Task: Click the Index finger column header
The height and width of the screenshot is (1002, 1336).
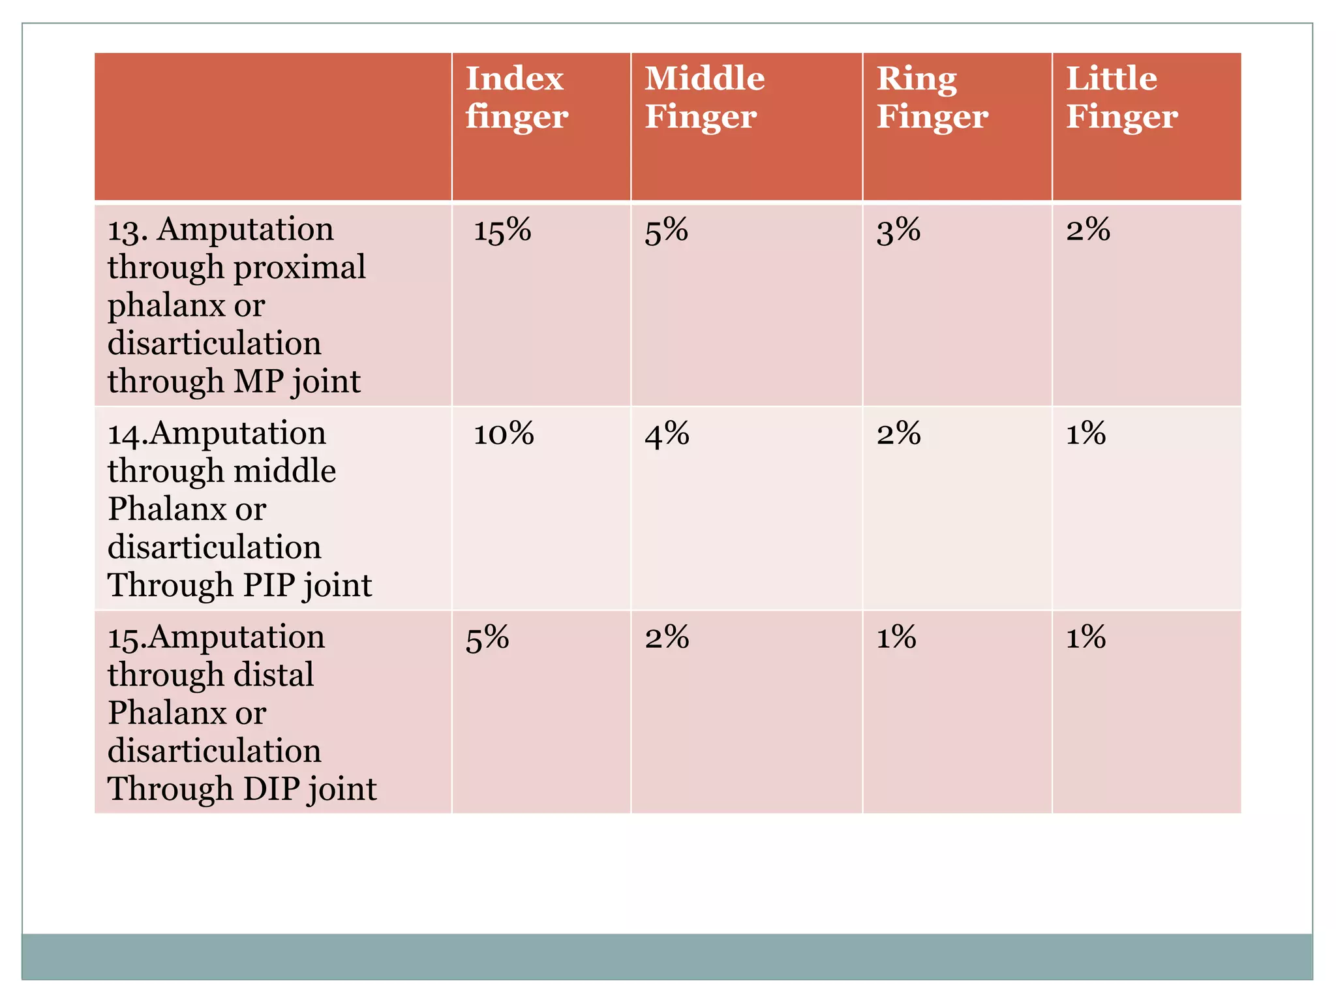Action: coord(516,98)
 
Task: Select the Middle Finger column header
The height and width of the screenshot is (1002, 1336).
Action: coord(704,98)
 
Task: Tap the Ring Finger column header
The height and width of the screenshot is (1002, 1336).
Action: coord(932,98)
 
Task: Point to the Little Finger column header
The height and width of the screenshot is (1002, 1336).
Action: coord(1121,98)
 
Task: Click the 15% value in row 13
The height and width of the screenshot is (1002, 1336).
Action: coord(502,230)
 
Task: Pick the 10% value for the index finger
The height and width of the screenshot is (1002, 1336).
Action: coord(503,434)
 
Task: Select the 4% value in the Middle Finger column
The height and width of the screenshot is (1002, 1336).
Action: coord(667,434)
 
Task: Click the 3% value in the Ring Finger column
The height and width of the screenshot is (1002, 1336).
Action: coord(898,230)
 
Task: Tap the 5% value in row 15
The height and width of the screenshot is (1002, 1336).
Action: coord(487,637)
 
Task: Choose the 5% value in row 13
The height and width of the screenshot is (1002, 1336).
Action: coord(666,230)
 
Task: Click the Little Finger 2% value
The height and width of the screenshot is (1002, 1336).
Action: coord(1087,230)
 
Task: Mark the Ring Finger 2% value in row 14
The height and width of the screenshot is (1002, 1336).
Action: coord(898,434)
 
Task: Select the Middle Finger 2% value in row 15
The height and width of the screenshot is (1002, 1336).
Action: coord(667,637)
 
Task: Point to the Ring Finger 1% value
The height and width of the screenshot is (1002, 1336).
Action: coord(896,637)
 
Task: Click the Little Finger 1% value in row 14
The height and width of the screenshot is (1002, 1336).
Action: coord(1085,434)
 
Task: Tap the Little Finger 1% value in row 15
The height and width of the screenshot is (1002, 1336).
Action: coord(1085,637)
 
